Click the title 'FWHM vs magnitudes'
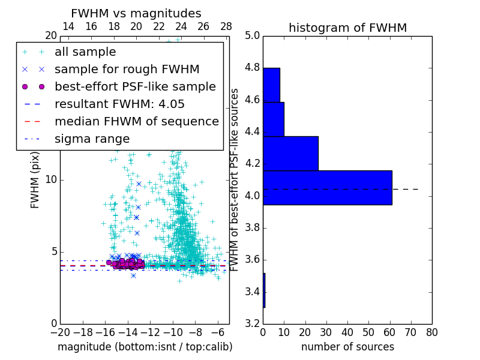[x=136, y=13]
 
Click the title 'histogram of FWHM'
[x=347, y=28]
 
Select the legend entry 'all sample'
[x=85, y=52]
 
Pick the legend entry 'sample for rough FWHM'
[x=127, y=70]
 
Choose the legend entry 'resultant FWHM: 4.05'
[x=119, y=104]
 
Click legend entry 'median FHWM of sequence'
[x=136, y=122]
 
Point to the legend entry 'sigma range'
[x=92, y=139]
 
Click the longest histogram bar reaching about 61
[x=327, y=187]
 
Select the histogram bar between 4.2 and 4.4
[x=290, y=153]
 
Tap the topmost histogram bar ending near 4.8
[x=271, y=85]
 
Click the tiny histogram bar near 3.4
[x=264, y=290]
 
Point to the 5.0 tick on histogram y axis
[x=252, y=35]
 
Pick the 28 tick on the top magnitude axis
[x=226, y=26]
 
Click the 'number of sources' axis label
[x=347, y=347]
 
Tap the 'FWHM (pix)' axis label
[x=35, y=179]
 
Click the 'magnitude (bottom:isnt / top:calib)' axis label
[x=145, y=347]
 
